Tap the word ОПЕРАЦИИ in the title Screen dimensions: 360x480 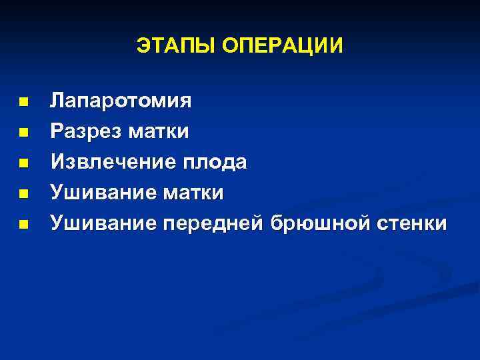click(x=283, y=46)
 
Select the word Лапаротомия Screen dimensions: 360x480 click(x=121, y=102)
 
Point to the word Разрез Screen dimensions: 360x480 click(x=84, y=132)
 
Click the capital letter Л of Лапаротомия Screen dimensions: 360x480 click(x=58, y=102)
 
